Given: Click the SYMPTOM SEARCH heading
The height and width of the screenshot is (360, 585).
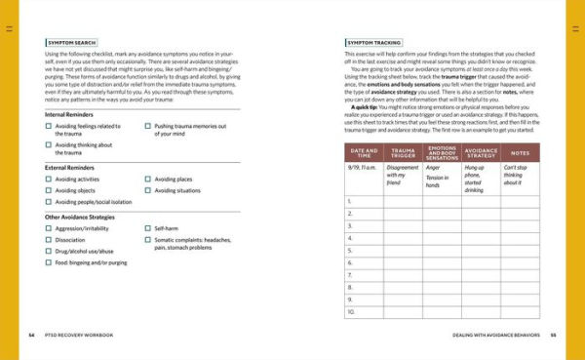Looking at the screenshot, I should click(71, 44).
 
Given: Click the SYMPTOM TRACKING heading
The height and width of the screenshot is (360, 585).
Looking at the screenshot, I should click(374, 44).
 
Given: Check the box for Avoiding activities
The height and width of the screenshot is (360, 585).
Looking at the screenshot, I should click(50, 180).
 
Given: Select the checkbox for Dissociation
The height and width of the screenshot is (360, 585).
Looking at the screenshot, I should click(50, 239).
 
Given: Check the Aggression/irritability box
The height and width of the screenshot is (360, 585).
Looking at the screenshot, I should click(50, 227).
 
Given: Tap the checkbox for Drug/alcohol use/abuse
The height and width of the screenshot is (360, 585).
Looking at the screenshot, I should click(50, 251).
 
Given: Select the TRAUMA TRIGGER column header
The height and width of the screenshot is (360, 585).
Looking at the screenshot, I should click(402, 152).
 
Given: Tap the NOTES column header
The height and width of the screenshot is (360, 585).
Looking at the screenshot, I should click(520, 152).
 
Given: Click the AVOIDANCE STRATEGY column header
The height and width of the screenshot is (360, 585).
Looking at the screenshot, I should click(481, 152).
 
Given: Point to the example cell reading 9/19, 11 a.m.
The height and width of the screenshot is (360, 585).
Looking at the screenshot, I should click(363, 167).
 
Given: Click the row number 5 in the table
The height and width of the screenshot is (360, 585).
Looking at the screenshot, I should click(350, 251).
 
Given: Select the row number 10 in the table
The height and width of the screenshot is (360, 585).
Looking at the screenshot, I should click(351, 312).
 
